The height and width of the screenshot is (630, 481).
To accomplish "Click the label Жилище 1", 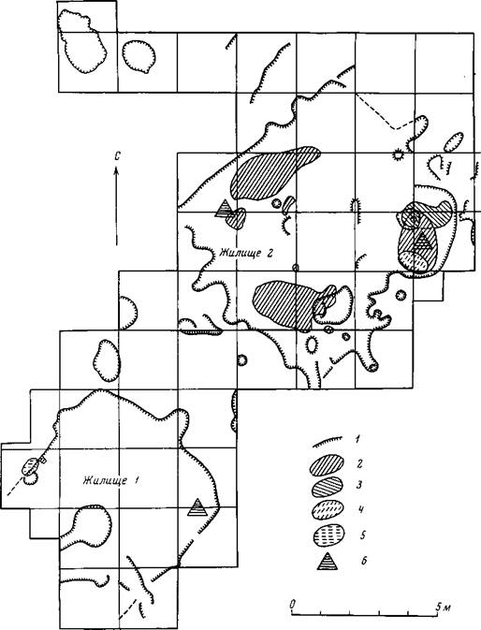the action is coord(111,480).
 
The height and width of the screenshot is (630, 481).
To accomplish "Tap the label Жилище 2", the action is coord(246,253).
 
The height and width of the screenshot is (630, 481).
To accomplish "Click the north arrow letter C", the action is coord(117,156).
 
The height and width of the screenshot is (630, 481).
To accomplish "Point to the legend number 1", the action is coord(357,439).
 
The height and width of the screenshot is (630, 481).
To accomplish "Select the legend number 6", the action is coord(364,561).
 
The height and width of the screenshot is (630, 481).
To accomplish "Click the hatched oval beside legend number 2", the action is coord(327,464).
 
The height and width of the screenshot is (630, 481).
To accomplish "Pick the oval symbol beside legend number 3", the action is coord(327,486).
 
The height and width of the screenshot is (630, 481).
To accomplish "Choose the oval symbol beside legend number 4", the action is coord(328,510).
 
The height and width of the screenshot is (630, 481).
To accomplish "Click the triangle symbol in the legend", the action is coord(328,562).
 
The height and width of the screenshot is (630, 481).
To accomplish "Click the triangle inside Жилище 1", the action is coord(197,508).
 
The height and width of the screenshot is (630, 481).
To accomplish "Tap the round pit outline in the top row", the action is coord(138,56).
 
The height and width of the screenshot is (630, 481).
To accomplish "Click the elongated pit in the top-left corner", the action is coord(82,41).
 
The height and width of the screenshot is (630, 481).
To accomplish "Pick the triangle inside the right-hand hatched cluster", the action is coord(422,242).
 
